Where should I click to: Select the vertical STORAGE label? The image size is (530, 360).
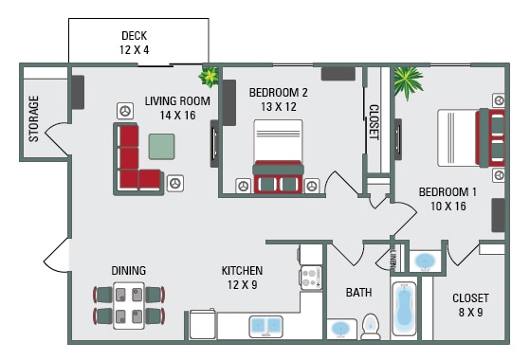pos(34,118)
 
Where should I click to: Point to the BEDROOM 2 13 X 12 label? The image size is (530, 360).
pos(279,99)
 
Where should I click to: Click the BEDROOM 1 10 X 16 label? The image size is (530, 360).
pos(448,199)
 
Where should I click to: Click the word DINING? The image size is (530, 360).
pos(129,271)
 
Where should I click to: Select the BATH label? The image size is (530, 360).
pos(358,293)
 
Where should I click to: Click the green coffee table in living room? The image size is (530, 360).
pos(162,145)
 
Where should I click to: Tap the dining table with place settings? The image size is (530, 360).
pos(129,304)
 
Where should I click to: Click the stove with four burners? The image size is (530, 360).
pos(311,277)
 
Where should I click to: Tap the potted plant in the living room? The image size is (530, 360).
pos(208,76)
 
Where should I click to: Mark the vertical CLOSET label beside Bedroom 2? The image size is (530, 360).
pos(374,121)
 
